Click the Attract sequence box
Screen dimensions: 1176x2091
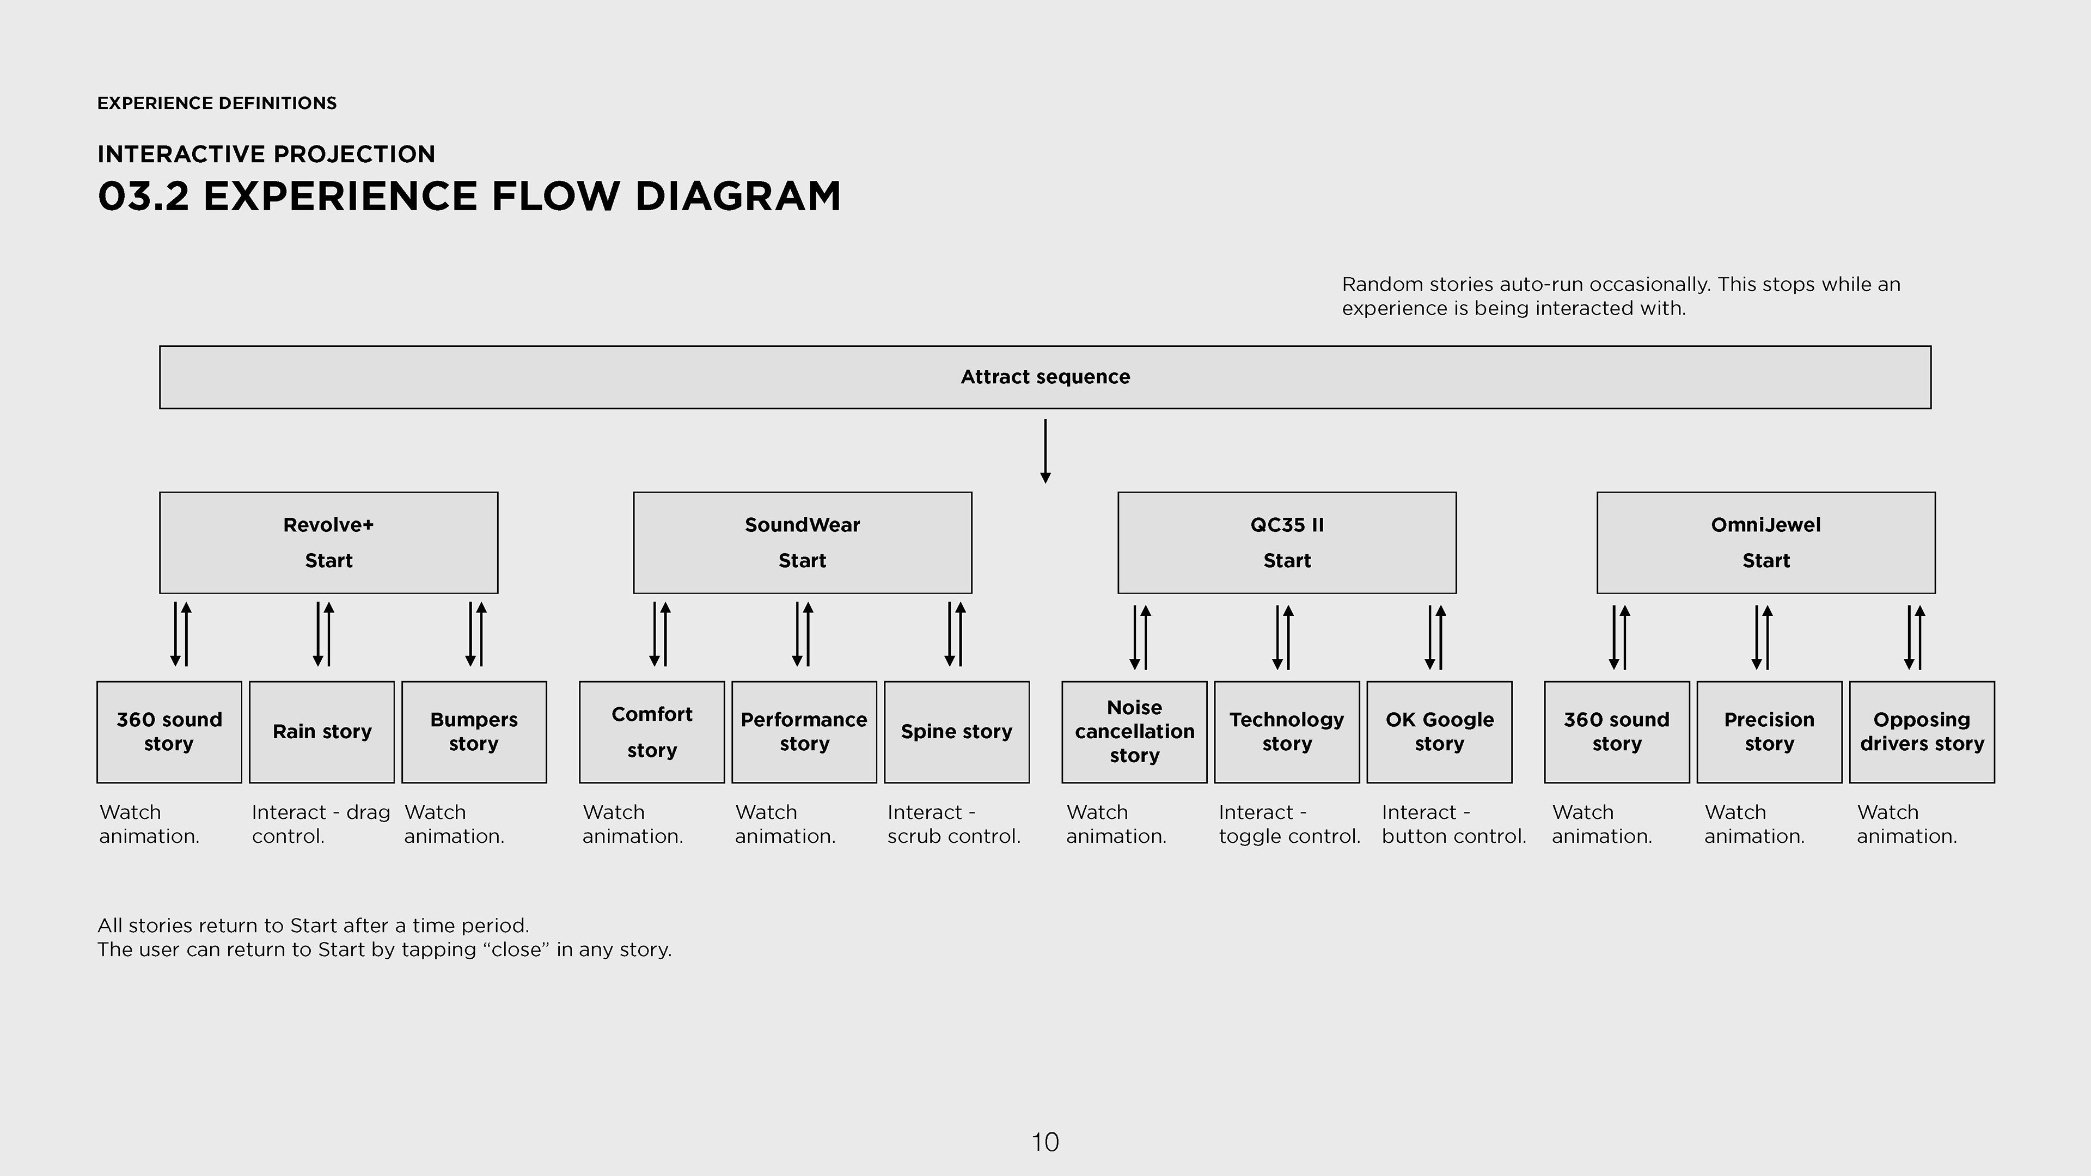pos(1045,377)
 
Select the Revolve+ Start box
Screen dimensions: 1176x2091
pos(329,542)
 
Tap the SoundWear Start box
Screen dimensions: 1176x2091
pos(802,542)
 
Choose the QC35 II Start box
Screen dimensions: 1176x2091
pos(1287,542)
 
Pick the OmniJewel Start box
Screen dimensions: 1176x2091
pos(1765,542)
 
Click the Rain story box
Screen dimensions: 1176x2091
pos(321,732)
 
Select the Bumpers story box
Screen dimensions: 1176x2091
pos(474,732)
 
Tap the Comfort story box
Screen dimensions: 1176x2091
pos(652,732)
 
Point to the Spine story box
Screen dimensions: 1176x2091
pos(956,732)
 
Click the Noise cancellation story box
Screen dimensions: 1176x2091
pos(1134,732)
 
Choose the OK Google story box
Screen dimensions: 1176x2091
pos(1439,732)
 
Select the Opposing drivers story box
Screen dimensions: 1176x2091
pos(1921,732)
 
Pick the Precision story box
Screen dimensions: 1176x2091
pos(1769,732)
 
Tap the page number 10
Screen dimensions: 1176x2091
pos(1045,1142)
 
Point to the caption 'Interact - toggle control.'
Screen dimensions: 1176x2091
pos(1288,824)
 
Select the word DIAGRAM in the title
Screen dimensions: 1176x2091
pos(738,197)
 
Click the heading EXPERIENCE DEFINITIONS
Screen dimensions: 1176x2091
pos(217,103)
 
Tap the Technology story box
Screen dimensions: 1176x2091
pos(1287,732)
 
